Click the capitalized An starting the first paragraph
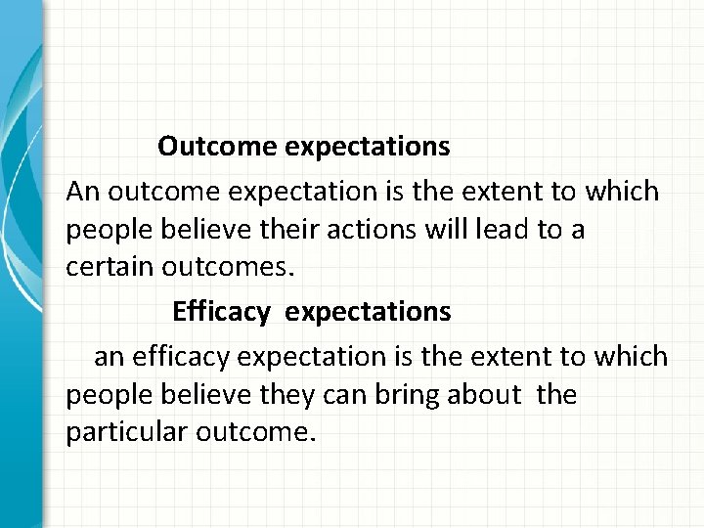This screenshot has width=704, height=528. tap(83, 192)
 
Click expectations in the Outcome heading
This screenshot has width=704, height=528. tap(369, 147)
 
